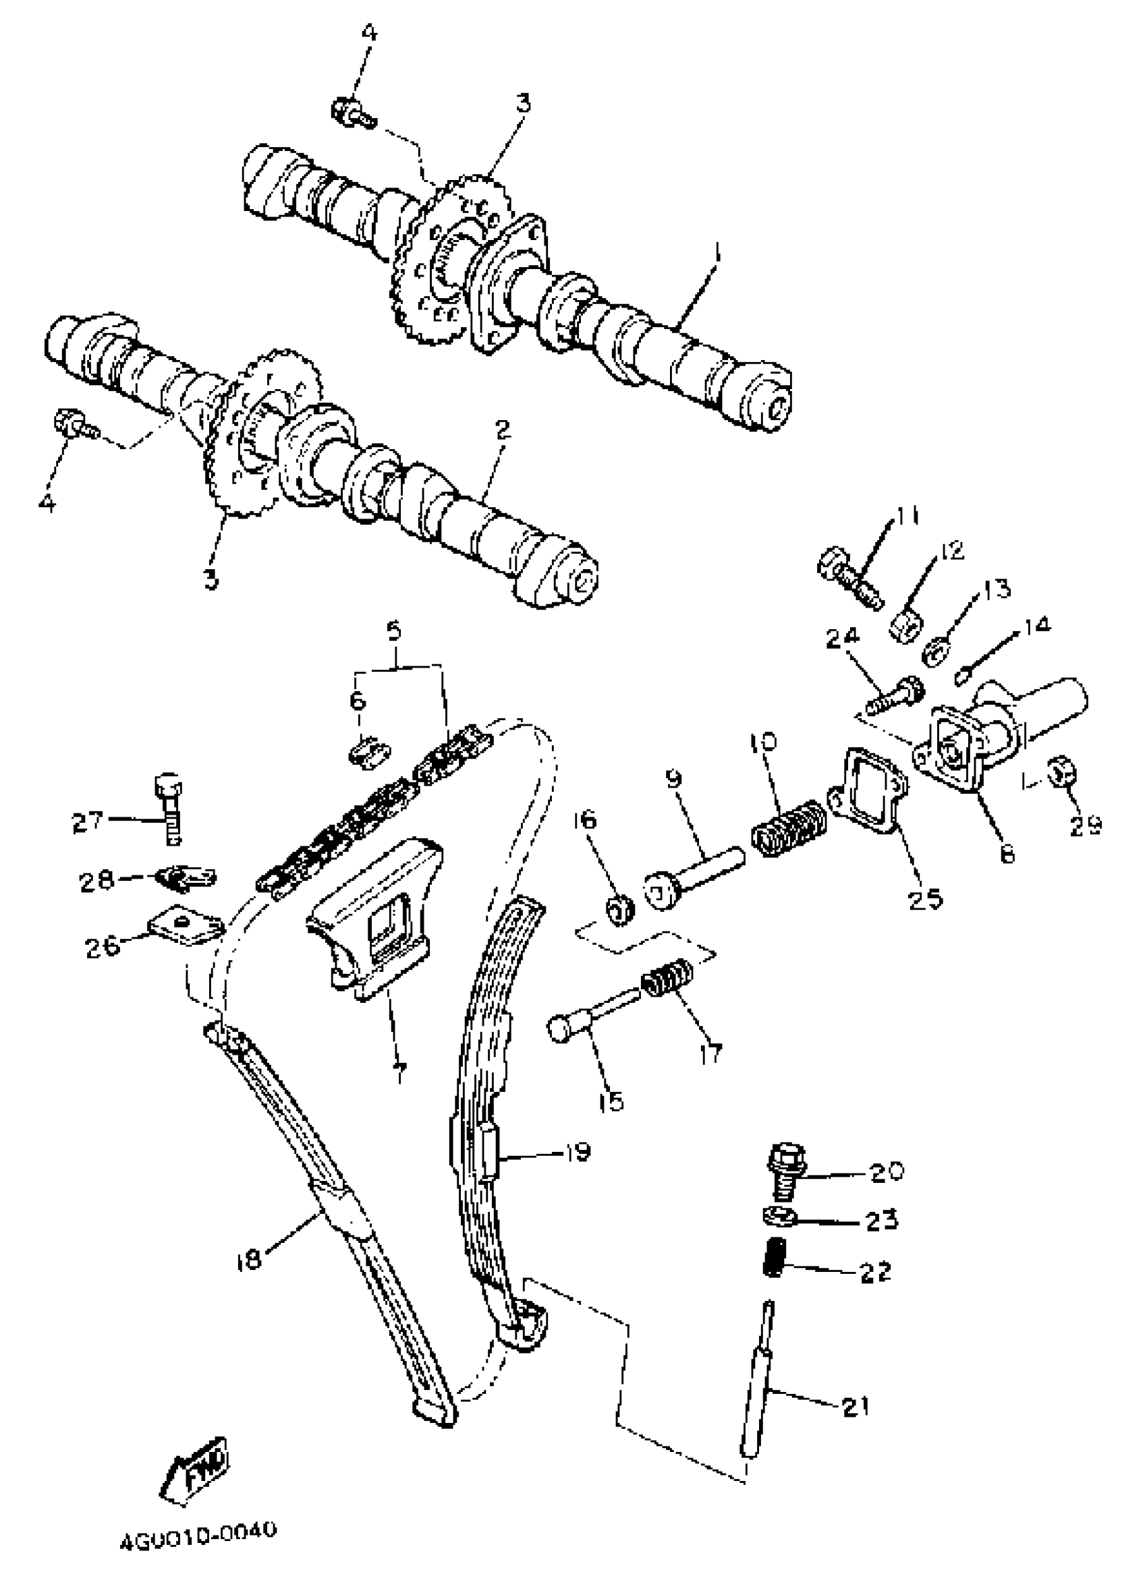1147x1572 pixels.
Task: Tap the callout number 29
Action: coord(1085,825)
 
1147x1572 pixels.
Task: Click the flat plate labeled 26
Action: coord(184,928)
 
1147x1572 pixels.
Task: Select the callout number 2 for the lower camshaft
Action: coord(503,430)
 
